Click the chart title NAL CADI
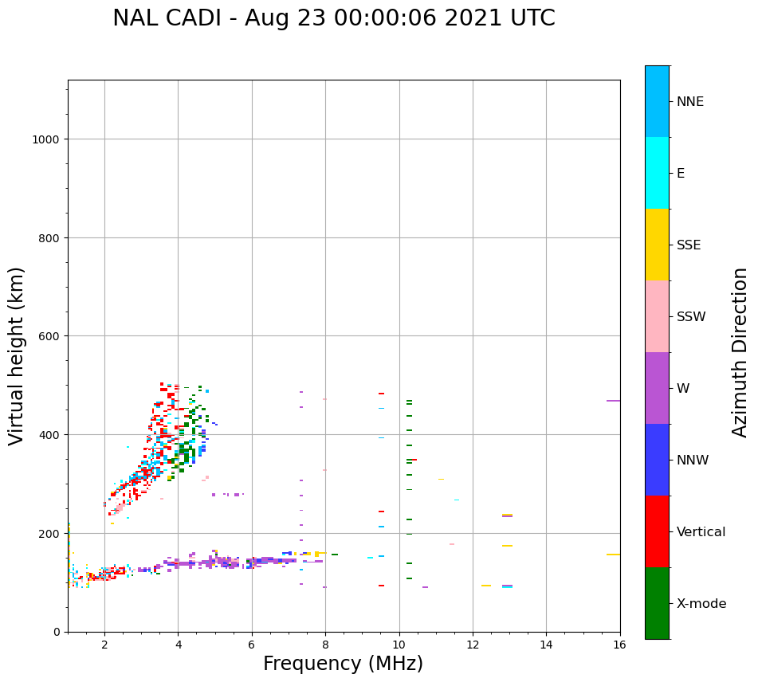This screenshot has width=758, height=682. click(333, 18)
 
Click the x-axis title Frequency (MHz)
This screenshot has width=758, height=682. click(343, 664)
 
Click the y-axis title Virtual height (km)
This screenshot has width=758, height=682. click(17, 355)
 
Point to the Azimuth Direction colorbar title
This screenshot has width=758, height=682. click(740, 352)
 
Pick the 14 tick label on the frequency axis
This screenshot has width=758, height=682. click(546, 645)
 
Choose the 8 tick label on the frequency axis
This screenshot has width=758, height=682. click(325, 645)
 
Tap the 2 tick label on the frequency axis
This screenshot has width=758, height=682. click(104, 645)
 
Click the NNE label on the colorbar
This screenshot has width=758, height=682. click(690, 101)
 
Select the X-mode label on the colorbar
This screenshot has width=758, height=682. click(701, 603)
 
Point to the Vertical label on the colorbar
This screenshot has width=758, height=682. click(701, 531)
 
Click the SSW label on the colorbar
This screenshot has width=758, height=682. click(691, 316)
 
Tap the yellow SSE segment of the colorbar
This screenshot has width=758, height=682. click(657, 245)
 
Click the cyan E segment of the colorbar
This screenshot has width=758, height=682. click(657, 173)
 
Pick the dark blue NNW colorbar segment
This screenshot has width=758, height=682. click(657, 460)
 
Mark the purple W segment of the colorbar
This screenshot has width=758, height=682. click(657, 388)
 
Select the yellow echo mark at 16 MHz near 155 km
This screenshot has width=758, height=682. click(613, 555)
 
